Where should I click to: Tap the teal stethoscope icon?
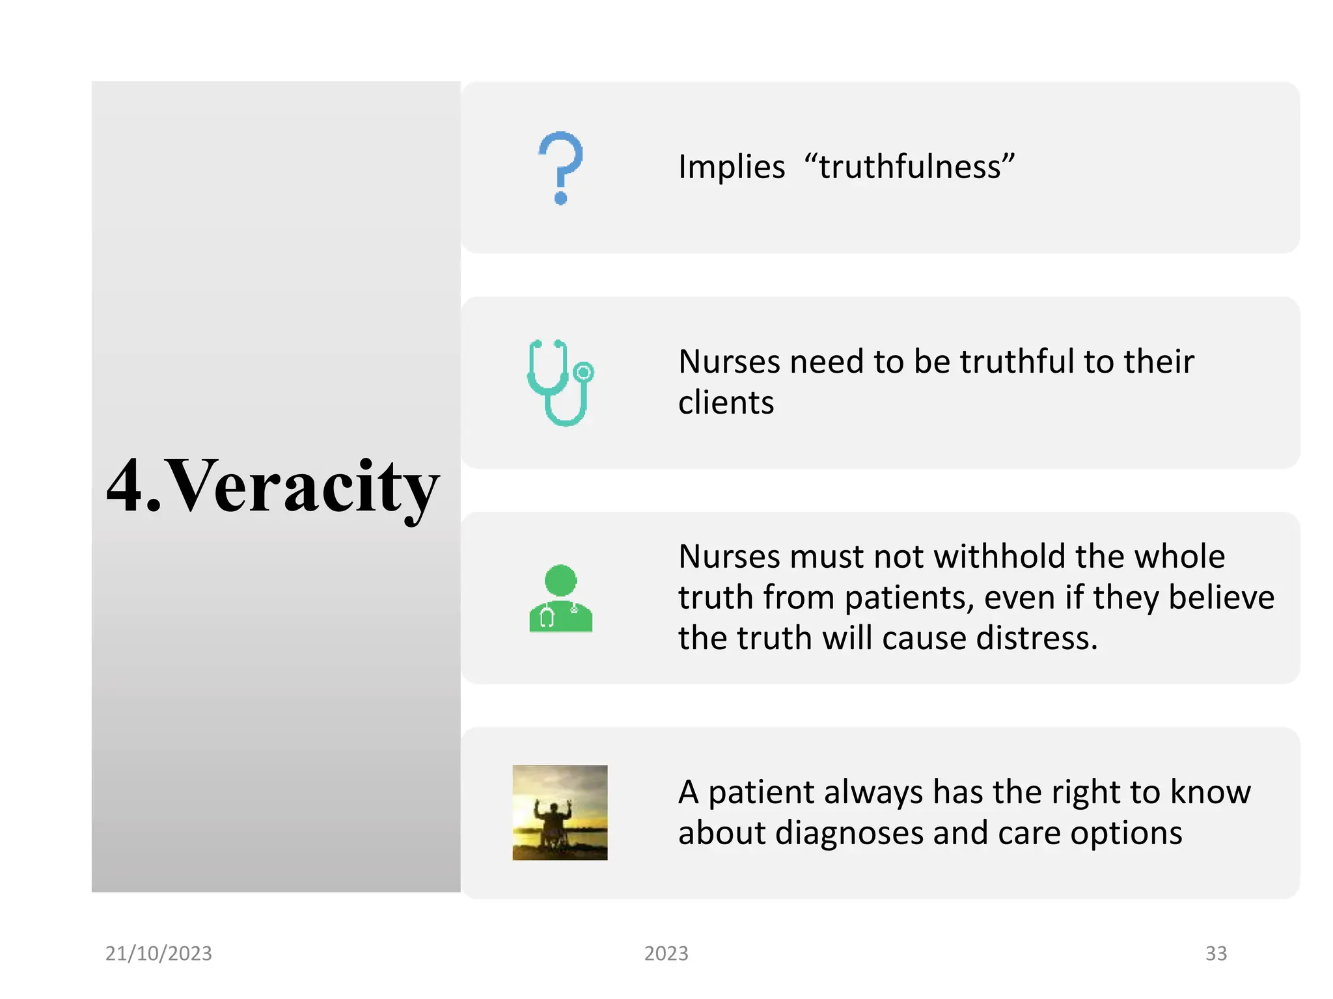click(560, 383)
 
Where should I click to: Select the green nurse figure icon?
click(560, 599)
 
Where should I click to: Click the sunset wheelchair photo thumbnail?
click(560, 812)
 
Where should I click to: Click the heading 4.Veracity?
click(273, 486)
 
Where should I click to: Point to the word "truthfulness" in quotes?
click(909, 166)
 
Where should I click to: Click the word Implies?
click(732, 166)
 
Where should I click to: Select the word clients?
click(726, 403)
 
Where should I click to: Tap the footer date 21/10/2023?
click(159, 953)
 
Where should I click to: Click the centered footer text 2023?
click(666, 953)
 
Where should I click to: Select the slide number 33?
click(1216, 953)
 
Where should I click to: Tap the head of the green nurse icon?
click(560, 579)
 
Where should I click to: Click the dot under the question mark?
click(560, 198)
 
